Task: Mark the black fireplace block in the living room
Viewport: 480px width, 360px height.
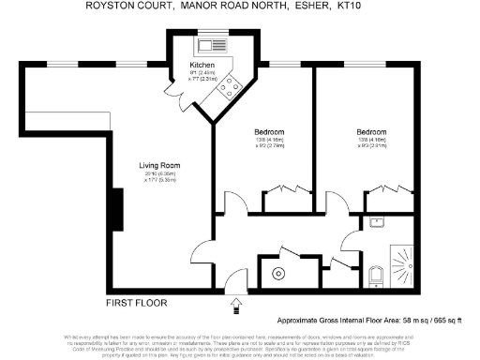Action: (116, 208)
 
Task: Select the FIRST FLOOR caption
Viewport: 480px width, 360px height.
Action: (137, 303)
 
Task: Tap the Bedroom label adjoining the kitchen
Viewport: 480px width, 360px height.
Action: (269, 132)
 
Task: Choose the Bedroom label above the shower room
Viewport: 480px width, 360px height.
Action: (371, 132)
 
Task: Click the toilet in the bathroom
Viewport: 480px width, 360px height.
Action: (375, 276)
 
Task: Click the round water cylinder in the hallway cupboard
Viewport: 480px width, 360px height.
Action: (278, 274)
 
